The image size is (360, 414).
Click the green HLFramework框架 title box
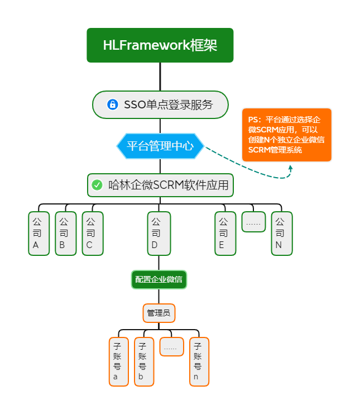160,45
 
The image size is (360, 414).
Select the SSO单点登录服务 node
160,104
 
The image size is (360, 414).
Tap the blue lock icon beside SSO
112,104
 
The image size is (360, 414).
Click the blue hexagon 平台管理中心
160,146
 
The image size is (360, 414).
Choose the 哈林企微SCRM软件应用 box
160,185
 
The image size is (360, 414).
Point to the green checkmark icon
97,185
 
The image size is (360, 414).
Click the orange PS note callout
286,135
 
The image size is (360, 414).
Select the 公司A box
39,234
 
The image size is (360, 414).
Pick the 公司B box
65,234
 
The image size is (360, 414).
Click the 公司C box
92,234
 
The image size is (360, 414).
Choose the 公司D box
159,234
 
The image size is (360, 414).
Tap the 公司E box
225,234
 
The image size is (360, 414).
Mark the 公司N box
281,234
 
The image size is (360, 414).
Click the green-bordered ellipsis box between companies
253,222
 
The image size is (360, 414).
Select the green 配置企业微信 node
159,279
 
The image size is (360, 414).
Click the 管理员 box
159,313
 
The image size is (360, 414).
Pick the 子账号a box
118,361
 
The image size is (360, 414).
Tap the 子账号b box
143,361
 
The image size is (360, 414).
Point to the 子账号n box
199,361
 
